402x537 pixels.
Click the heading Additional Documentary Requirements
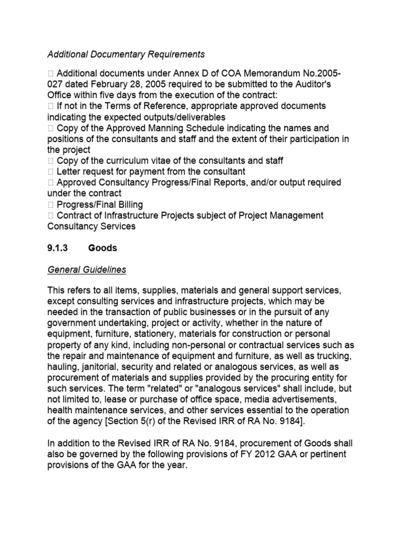pyautogui.click(x=126, y=54)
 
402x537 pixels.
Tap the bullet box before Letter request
pyautogui.click(x=50, y=171)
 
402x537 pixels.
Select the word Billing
pyautogui.click(x=128, y=205)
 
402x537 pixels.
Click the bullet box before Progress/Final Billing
pyautogui.click(x=50, y=205)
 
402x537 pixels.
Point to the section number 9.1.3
pyautogui.click(x=58, y=248)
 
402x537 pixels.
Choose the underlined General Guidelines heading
pyautogui.click(x=87, y=270)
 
